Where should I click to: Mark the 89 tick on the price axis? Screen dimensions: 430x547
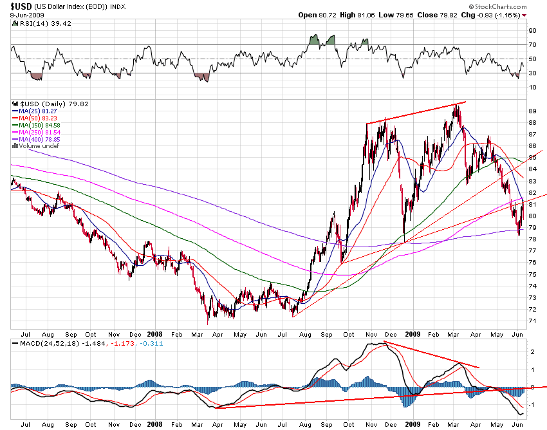click(x=532, y=109)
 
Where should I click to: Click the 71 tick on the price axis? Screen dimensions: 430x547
click(x=532, y=321)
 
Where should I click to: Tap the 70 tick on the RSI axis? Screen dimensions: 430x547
click(x=532, y=44)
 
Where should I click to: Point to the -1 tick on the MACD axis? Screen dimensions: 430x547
click(x=532, y=404)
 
